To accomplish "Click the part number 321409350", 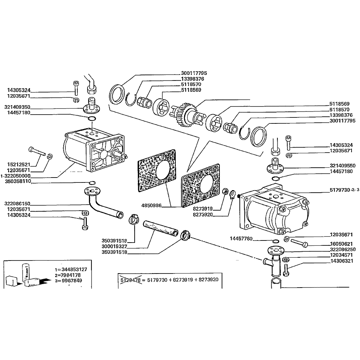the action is pyautogui.click(x=17, y=107).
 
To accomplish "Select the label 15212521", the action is pyautogui.click(x=19, y=165).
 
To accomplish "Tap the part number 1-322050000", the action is pyautogui.click(x=15, y=176).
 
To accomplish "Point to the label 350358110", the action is pyautogui.click(x=18, y=182).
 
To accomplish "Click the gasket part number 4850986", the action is pyautogui.click(x=151, y=205).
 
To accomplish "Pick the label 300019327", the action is pyautogui.click(x=114, y=246).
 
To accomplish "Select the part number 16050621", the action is pyautogui.click(x=341, y=244).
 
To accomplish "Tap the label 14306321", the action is pyautogui.click(x=342, y=261).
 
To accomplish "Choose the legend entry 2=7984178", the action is pyautogui.click(x=68, y=275).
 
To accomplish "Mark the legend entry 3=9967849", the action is pyautogui.click(x=68, y=281).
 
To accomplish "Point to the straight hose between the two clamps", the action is pyautogui.click(x=160, y=229).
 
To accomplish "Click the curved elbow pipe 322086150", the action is pyautogui.click(x=102, y=203).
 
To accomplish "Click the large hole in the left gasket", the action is pyautogui.click(x=163, y=170).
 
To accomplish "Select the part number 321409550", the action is pyautogui.click(x=342, y=166).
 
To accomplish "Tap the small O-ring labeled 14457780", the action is pyautogui.click(x=275, y=241).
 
